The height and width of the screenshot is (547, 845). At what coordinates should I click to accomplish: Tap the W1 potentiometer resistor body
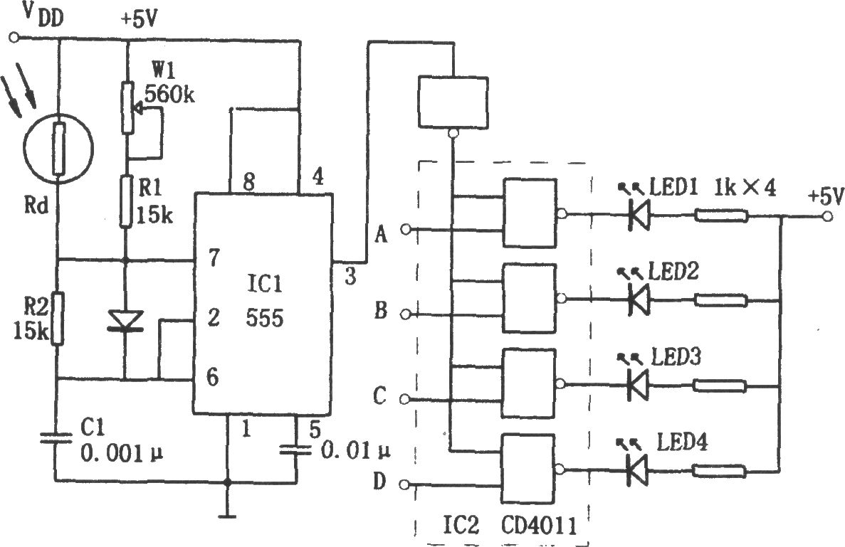(127, 107)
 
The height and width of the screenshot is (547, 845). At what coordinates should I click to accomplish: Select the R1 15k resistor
(126, 201)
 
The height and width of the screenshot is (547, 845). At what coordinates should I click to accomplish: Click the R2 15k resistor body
(58, 319)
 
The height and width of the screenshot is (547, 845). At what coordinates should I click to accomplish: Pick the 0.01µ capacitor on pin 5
(296, 449)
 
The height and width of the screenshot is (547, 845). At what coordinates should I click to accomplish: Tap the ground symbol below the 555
(227, 517)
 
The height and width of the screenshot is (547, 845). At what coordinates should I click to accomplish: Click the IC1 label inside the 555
(265, 284)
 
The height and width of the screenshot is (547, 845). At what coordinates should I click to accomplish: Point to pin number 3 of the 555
(350, 277)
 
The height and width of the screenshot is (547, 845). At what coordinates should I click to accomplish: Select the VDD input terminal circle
(14, 38)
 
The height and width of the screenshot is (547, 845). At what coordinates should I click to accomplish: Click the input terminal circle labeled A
(405, 230)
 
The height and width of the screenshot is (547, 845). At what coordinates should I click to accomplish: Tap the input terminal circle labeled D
(405, 484)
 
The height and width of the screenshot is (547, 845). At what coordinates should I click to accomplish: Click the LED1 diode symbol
(639, 216)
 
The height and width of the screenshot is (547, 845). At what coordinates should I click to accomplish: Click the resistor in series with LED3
(719, 386)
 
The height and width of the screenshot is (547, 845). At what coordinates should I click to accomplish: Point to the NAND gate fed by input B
(529, 299)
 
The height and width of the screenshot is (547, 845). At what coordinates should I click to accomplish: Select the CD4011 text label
(540, 526)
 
